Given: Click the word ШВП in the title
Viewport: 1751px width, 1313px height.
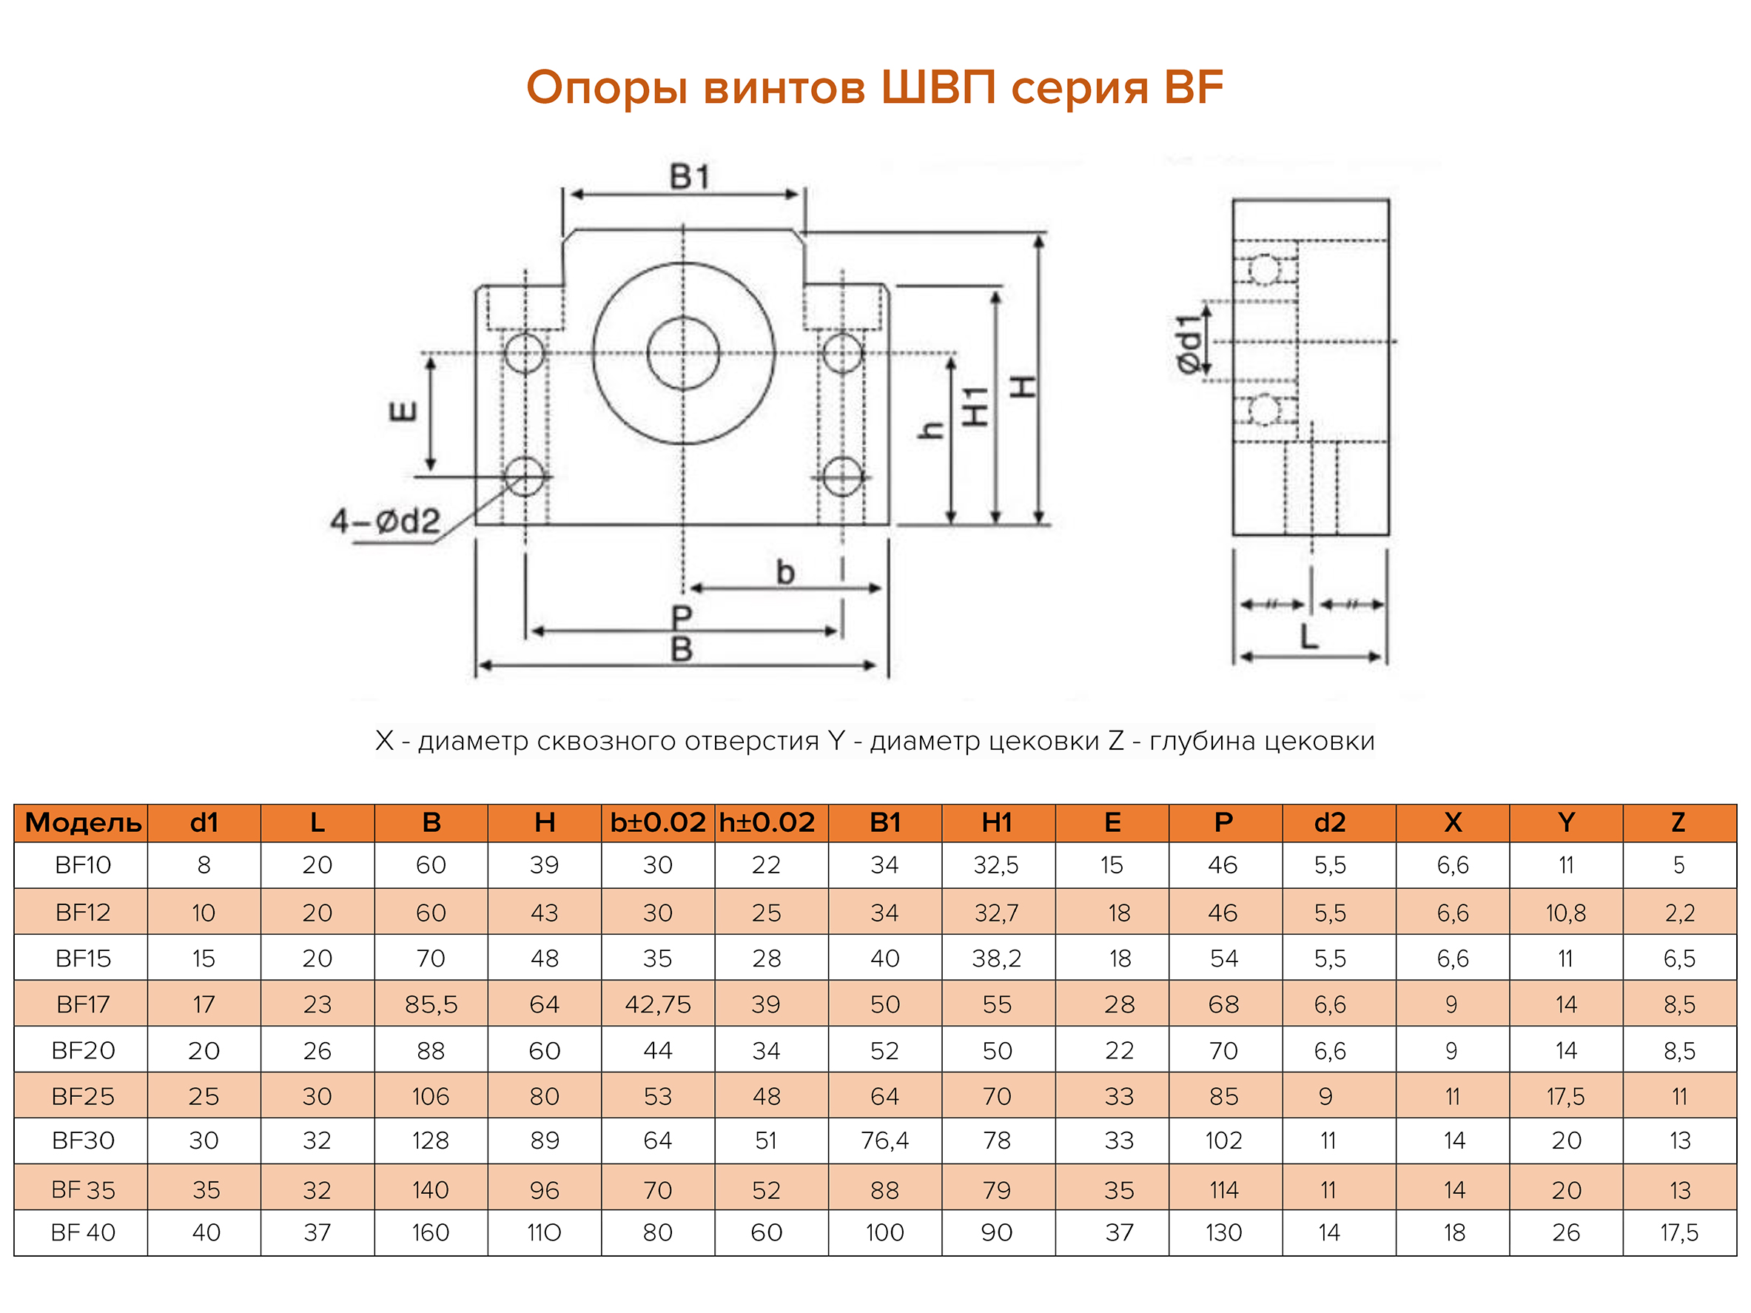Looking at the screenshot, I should [937, 87].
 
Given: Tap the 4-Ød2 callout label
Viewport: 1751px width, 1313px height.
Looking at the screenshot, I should [385, 522].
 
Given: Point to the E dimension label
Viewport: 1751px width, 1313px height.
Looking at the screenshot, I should [403, 412].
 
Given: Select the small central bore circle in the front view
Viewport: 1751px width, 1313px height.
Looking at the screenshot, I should [682, 353].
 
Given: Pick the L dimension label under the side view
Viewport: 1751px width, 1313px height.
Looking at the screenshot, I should [1309, 637].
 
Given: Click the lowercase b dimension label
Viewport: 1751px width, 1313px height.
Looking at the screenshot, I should [784, 572].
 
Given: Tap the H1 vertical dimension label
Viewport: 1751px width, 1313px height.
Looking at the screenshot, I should [975, 407].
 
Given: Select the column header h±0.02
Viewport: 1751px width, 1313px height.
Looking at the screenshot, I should [766, 823].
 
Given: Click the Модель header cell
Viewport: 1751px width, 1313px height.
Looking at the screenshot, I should [83, 823].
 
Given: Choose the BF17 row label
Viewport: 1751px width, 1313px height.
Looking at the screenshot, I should [83, 1004].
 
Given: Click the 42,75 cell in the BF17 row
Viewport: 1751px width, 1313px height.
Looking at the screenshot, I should [658, 1004].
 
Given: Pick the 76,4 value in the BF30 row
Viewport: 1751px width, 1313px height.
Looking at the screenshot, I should [884, 1141].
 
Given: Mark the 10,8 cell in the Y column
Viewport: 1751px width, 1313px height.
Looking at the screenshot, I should [1565, 913].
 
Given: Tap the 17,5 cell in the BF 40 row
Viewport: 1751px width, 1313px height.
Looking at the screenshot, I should [1678, 1232].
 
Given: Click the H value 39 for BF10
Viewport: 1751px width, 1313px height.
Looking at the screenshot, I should [545, 865].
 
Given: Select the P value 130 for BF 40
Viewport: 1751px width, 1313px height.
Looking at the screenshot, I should [1223, 1232].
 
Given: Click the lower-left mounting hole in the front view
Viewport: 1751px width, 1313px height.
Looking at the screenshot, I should [524, 477].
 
